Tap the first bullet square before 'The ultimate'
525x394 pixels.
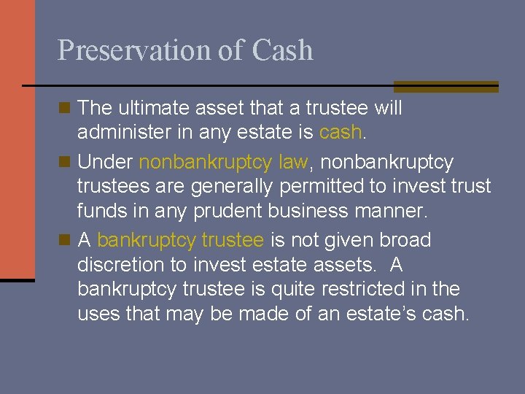coord(64,108)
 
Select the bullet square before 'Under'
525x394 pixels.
coord(64,161)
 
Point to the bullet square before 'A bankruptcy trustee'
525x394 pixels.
coord(64,239)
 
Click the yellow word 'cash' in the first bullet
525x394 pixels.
coord(341,132)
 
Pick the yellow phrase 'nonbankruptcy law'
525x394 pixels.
coord(223,161)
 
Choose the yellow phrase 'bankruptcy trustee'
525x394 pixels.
coord(179,240)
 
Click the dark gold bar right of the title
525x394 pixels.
coord(446,86)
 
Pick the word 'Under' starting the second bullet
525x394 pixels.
coord(105,161)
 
